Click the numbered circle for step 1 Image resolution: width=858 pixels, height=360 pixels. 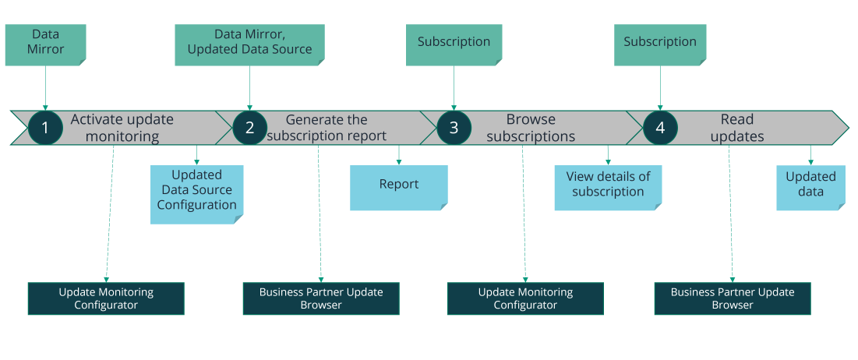45,128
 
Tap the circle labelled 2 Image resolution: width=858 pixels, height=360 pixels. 249,128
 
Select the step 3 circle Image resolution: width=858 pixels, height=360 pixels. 454,128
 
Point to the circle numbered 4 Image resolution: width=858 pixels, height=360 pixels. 660,128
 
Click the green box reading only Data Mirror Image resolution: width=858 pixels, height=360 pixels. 46,45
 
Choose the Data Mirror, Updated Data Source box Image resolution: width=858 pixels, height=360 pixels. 249,45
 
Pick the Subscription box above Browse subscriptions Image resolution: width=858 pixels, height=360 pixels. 454,45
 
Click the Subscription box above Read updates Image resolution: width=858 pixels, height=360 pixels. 660,45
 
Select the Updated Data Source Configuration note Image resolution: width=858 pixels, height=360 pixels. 196,194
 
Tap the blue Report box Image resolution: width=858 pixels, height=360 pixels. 399,188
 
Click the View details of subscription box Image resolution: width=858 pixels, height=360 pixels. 608,188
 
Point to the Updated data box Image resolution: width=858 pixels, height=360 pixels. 811,188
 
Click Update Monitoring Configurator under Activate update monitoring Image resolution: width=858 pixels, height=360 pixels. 106,298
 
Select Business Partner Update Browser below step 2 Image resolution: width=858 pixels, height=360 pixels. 321,298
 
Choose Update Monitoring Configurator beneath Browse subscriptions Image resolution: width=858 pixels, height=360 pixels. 525,298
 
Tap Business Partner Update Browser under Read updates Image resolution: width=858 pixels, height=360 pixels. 733,298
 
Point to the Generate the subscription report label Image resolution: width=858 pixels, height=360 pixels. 327,128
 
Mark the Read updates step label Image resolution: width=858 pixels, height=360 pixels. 737,128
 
